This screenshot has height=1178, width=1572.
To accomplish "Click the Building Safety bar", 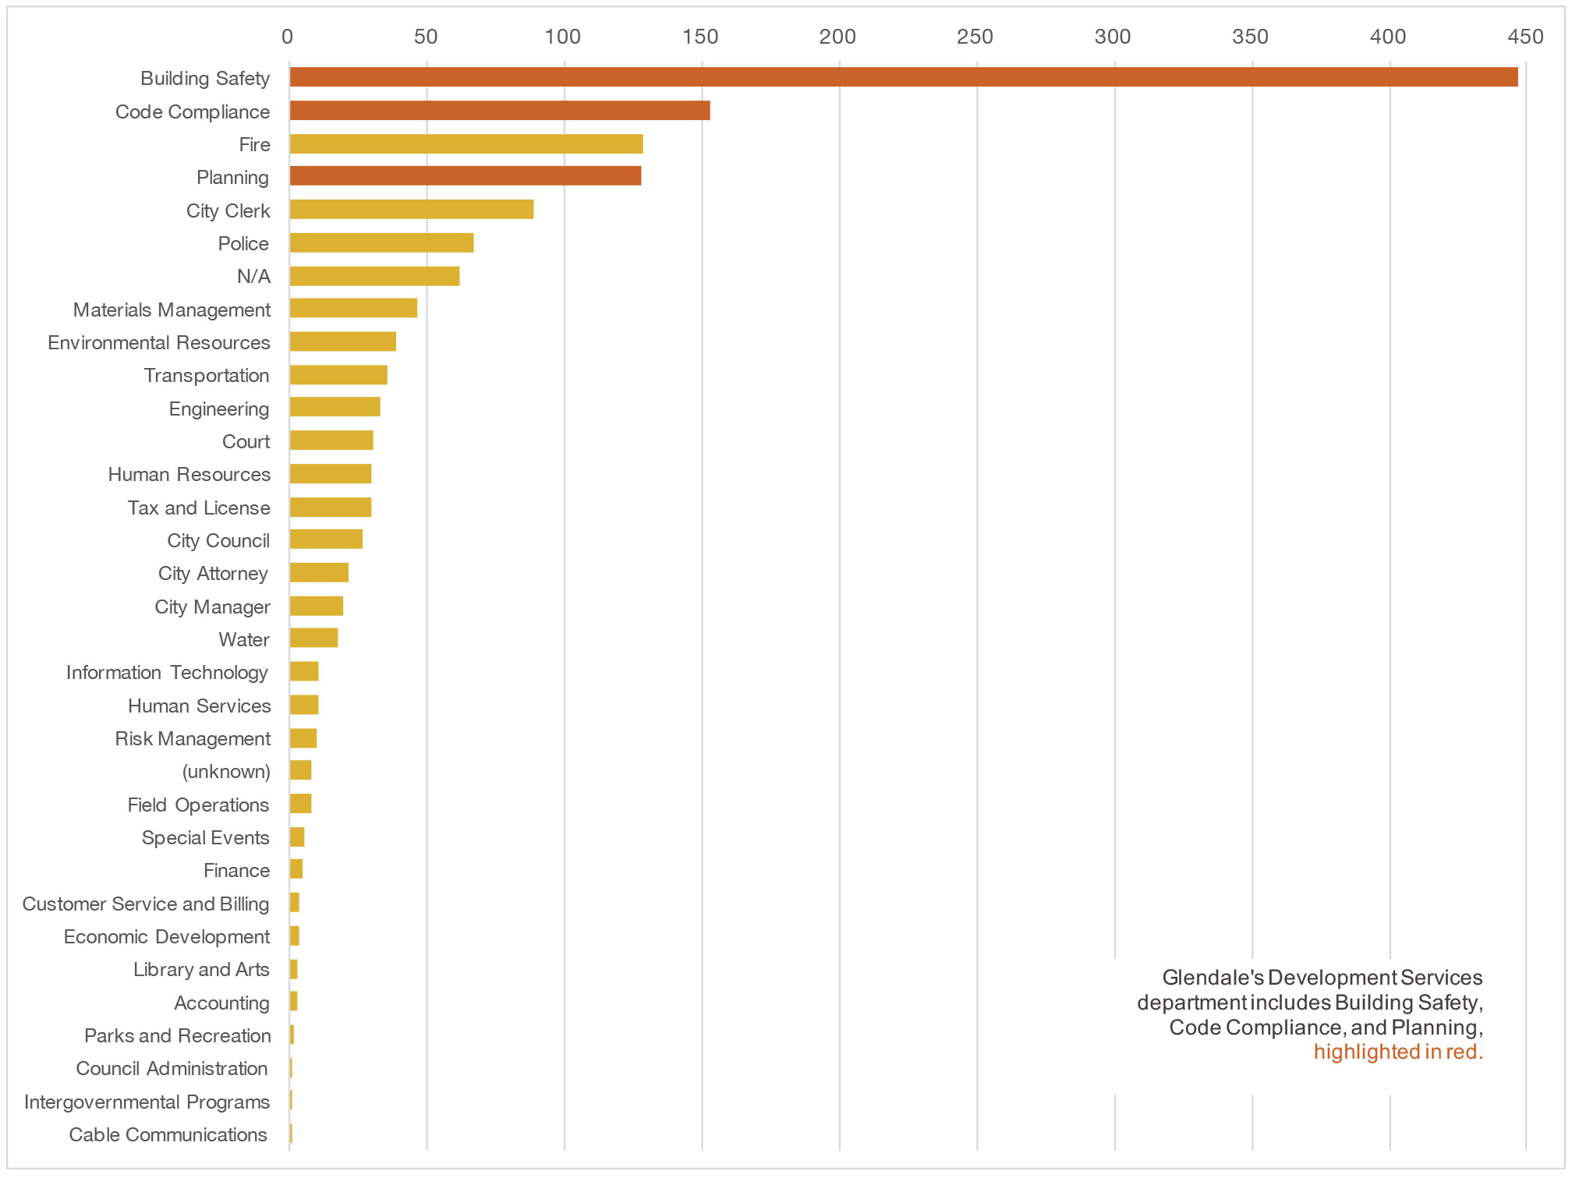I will (903, 77).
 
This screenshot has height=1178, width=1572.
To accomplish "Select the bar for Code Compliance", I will (499, 111).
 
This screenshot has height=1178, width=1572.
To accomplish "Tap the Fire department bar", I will (466, 144).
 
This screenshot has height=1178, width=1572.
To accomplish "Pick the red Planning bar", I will (465, 176).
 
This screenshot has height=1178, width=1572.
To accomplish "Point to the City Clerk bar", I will (411, 210).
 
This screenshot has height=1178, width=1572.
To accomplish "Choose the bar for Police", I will (381, 243).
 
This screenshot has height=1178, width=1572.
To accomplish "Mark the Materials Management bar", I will (353, 309).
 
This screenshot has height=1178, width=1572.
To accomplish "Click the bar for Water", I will (313, 639).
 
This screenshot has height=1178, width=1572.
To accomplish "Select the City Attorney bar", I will (319, 573).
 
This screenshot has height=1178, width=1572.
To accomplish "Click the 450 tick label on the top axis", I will (1525, 37).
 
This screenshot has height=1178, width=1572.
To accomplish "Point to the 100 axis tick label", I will (563, 37).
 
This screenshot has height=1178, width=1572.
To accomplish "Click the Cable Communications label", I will (168, 1135).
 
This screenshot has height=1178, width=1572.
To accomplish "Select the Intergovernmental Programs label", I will (147, 1102).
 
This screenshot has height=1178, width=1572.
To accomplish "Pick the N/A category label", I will (254, 277).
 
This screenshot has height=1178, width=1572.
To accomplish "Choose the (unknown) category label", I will (226, 772).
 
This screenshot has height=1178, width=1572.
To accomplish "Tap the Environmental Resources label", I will (159, 343).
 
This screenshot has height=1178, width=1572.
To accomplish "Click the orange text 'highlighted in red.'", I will (1398, 1052).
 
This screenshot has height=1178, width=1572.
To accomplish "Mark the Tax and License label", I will (199, 508).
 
